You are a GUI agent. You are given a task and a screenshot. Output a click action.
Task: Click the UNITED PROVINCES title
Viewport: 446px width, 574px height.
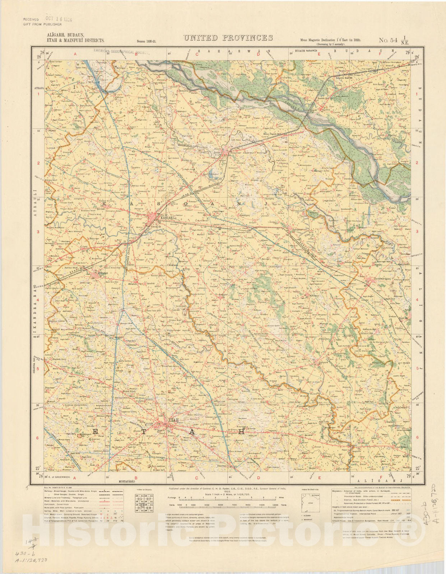pos(228,38)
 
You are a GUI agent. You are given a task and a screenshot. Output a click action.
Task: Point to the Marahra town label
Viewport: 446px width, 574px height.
pos(94,273)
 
